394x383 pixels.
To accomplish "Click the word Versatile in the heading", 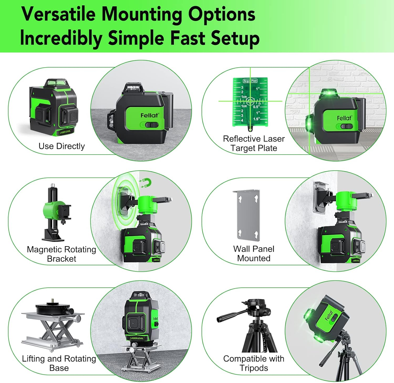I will [59, 14].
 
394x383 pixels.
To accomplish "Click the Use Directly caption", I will [61, 146].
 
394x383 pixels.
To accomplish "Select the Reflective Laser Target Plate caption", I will [254, 143].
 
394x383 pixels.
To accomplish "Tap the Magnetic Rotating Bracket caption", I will [61, 254].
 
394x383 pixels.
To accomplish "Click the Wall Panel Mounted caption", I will [254, 253].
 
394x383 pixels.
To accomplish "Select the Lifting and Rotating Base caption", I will [59, 363].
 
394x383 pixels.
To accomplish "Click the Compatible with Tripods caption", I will [254, 363].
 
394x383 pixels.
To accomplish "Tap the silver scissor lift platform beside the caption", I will [53, 328].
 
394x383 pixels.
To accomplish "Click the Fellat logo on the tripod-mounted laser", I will [329, 315].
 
